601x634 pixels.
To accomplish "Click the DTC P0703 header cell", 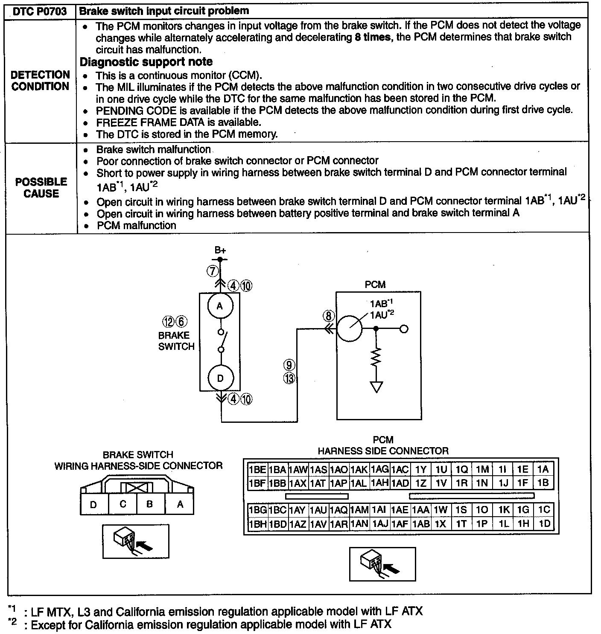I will [x=40, y=12].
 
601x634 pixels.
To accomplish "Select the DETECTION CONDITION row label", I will [x=41, y=81].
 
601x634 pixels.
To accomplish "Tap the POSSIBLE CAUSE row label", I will [x=41, y=188].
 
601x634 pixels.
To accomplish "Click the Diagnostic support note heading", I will [x=146, y=62].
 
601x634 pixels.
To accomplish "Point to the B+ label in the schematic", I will [x=220, y=250].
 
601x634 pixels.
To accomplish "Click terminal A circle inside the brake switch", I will [x=220, y=306].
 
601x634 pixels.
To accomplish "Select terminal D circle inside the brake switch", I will [x=220, y=378].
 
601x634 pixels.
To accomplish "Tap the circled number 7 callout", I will [x=213, y=270].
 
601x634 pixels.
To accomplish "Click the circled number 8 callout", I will [x=328, y=316].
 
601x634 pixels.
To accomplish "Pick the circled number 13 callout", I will [x=290, y=378].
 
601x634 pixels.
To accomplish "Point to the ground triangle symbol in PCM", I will [x=376, y=387].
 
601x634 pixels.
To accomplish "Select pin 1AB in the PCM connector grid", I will [x=420, y=524].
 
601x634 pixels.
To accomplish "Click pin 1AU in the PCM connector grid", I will [x=318, y=510].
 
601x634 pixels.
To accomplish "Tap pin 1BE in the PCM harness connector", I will [x=257, y=470].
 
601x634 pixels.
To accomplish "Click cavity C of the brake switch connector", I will [x=123, y=504].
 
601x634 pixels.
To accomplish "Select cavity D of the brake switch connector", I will [x=93, y=505].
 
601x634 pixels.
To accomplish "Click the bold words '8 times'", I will [x=372, y=37].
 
